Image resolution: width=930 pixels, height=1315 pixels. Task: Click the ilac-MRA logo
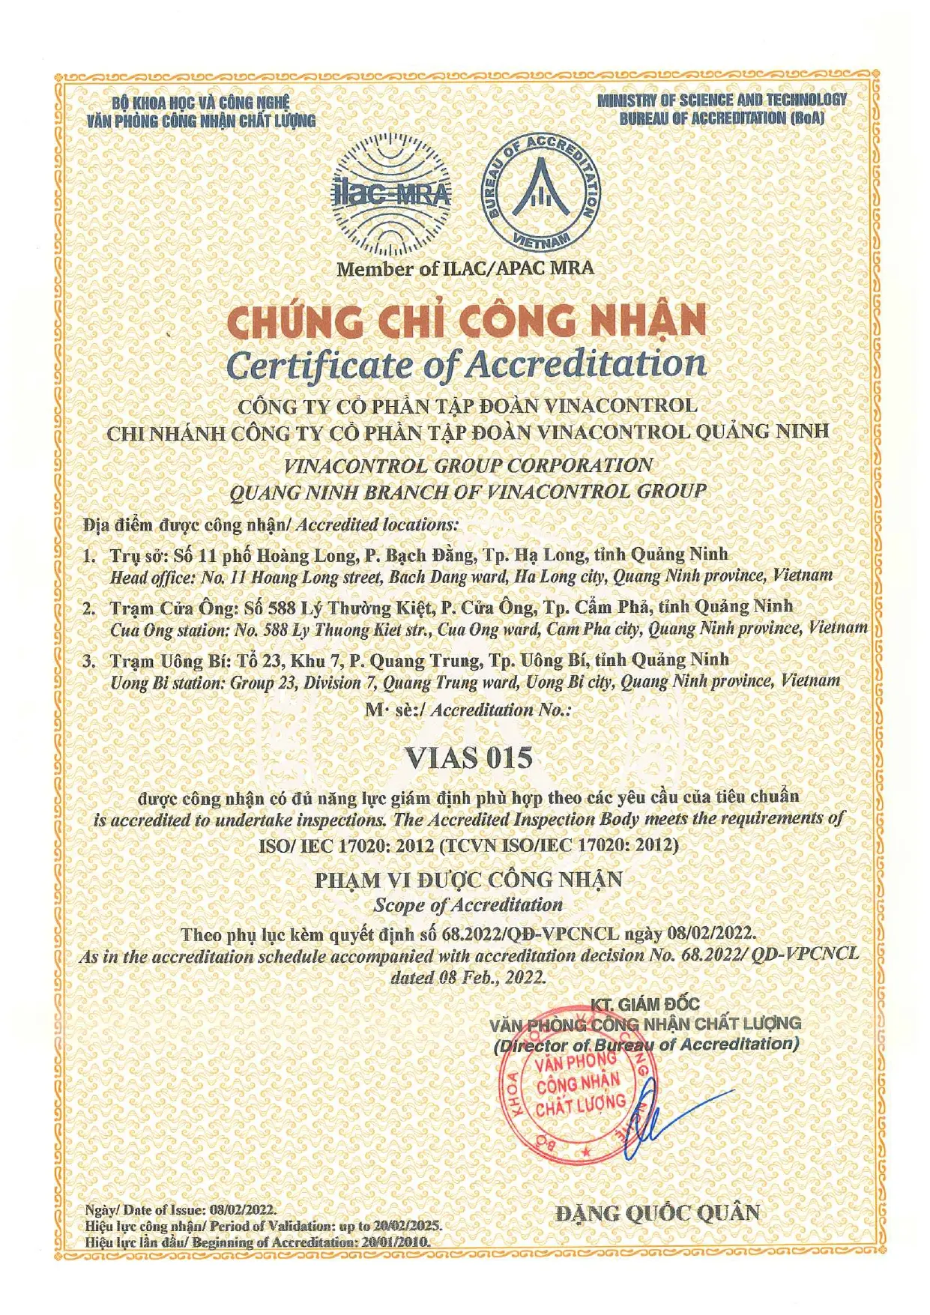click(x=391, y=195)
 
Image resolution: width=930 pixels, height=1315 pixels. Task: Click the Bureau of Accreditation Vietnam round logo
click(x=540, y=193)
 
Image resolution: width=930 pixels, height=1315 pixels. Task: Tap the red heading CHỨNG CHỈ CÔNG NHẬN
click(x=465, y=321)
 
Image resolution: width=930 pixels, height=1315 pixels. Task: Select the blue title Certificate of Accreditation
click(x=465, y=364)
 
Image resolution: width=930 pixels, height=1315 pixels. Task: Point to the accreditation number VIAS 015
click(x=468, y=758)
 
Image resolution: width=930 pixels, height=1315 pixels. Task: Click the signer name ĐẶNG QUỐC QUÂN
click(x=657, y=1212)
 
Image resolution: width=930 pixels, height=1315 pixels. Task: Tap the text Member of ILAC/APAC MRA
click(x=465, y=268)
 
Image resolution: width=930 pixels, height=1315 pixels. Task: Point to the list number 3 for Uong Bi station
click(x=89, y=661)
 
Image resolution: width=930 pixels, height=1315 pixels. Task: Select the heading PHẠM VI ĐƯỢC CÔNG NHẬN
click(x=468, y=879)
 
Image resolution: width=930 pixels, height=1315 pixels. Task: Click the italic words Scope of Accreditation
click(x=468, y=905)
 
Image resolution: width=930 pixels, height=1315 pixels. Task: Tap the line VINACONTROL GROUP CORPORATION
click(x=468, y=465)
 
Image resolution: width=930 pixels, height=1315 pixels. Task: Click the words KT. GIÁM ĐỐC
click(x=644, y=1004)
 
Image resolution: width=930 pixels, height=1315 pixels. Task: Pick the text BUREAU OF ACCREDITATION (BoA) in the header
click(x=721, y=118)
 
